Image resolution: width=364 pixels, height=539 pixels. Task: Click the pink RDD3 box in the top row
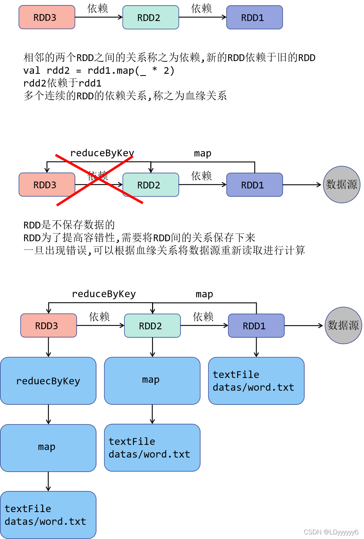[47, 17]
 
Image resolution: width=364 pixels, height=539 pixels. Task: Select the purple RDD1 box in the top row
[254, 17]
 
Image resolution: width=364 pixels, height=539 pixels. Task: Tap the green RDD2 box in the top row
[151, 17]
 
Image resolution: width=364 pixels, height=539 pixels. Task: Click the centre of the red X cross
[99, 180]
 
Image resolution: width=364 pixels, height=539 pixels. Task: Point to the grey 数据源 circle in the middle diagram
[342, 185]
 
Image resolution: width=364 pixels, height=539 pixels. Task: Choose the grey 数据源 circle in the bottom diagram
[343, 325]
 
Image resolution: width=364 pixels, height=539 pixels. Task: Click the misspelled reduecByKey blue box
[48, 381]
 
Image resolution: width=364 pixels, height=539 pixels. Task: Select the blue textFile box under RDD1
[256, 381]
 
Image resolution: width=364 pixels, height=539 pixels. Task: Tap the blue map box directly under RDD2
[152, 381]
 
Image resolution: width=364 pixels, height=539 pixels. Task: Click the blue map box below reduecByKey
[48, 448]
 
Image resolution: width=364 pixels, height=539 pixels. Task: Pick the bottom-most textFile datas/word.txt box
[48, 515]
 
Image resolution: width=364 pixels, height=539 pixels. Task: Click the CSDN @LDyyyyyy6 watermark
[331, 532]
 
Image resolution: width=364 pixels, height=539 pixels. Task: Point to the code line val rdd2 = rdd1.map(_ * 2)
[99, 71]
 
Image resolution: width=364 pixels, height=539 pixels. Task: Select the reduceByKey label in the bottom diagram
[104, 294]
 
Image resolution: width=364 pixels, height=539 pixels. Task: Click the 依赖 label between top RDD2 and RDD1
[202, 9]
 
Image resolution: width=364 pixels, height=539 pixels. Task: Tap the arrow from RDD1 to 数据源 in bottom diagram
[304, 326]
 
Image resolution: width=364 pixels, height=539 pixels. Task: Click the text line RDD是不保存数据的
[69, 225]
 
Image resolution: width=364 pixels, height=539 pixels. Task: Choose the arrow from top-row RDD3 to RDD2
[99, 17]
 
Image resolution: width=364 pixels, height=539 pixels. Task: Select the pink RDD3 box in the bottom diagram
[49, 325]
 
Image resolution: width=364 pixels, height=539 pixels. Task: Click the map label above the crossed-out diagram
[203, 153]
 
